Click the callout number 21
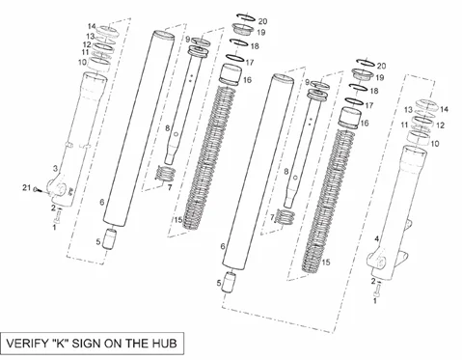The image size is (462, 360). [26, 187]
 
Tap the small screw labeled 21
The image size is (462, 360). [37, 189]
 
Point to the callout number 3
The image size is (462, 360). [55, 168]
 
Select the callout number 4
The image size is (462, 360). [376, 238]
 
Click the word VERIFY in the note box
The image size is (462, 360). [27, 343]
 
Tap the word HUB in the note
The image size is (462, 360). [163, 343]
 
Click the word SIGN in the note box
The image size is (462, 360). [84, 343]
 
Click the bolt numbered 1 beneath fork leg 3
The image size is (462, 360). [58, 217]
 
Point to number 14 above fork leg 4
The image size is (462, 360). [444, 109]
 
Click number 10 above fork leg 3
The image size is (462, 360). [82, 62]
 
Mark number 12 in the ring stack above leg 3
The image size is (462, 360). [87, 44]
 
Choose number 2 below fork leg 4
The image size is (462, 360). [373, 282]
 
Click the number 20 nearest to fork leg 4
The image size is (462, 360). [381, 66]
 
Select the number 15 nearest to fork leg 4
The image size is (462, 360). [326, 263]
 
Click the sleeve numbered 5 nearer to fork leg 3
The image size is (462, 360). [109, 238]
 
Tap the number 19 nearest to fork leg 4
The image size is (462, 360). [380, 77]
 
